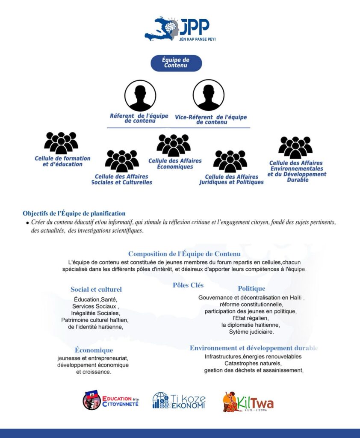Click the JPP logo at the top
(x=180, y=29)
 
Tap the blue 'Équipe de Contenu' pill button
(x=176, y=63)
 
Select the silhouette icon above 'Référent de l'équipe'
(x=140, y=95)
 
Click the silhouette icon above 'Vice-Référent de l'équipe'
(x=209, y=95)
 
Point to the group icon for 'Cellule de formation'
(x=61, y=143)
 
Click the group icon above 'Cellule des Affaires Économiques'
(x=174, y=145)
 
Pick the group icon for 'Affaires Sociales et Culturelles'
(x=122, y=161)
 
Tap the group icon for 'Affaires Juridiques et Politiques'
(x=230, y=161)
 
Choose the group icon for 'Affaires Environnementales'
(x=295, y=148)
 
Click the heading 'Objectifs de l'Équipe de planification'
(x=74, y=213)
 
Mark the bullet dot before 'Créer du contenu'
(x=27, y=223)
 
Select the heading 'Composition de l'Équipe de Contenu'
(x=184, y=254)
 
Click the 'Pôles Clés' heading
(x=188, y=285)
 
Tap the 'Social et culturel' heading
(x=96, y=290)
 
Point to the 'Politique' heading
(x=252, y=289)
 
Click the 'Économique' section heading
(x=94, y=350)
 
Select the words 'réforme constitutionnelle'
(x=251, y=305)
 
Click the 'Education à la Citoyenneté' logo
(x=111, y=400)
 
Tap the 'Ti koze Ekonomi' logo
(x=179, y=401)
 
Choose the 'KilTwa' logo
(x=248, y=402)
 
